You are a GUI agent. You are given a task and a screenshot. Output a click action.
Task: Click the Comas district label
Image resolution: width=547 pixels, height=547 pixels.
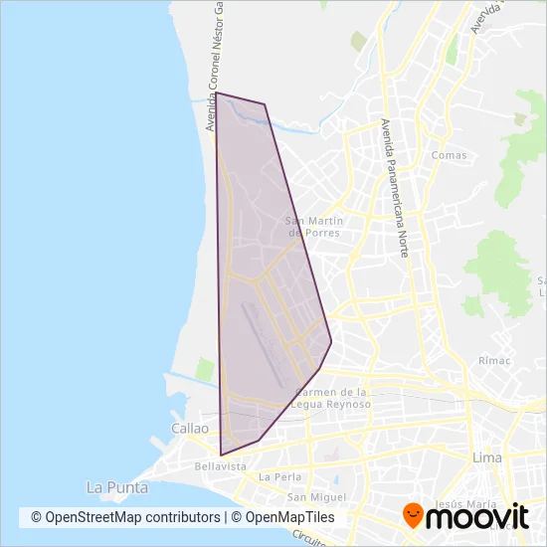(x=450, y=155)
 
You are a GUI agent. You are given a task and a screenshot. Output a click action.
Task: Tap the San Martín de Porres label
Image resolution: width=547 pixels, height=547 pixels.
(x=314, y=227)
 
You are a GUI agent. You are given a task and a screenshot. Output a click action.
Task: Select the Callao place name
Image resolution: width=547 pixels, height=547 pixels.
(x=190, y=429)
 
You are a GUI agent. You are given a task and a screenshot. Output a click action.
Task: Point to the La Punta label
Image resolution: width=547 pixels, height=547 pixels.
(x=117, y=487)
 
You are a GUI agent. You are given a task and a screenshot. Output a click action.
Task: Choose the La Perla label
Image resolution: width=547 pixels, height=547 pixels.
(x=278, y=477)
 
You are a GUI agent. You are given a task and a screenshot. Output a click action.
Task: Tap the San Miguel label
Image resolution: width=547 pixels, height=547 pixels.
(x=315, y=496)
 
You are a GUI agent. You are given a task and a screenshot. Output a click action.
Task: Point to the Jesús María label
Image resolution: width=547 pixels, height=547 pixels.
(x=461, y=504)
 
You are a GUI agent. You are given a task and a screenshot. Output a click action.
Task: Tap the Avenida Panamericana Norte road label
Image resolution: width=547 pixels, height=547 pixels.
(x=394, y=189)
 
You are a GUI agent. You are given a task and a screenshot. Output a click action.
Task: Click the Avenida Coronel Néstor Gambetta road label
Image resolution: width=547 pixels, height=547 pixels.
(x=212, y=70)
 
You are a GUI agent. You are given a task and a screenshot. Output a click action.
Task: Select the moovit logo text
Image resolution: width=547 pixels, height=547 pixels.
(x=479, y=516)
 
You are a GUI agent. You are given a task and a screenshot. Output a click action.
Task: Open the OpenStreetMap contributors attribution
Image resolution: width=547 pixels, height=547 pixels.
(x=125, y=517)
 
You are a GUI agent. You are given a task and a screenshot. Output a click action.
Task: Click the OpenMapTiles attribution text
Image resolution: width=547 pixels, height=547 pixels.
(x=289, y=517)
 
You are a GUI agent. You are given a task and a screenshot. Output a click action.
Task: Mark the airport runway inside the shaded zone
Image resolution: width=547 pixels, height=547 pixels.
(x=263, y=343)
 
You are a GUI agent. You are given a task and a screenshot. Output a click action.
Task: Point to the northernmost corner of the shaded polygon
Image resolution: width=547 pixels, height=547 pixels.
(x=218, y=93)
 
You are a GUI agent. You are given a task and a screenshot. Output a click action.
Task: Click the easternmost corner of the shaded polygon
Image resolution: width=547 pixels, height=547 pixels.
(x=331, y=344)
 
